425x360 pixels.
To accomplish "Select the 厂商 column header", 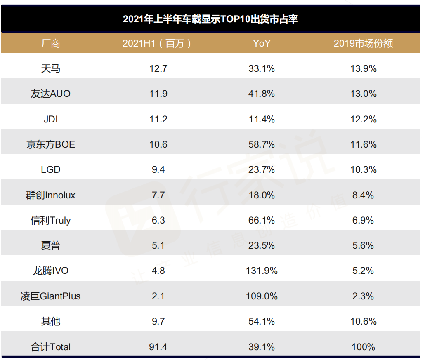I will (x=51, y=43).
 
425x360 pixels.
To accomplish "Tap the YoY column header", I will (x=262, y=43).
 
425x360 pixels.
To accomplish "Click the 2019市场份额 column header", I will (x=363, y=43).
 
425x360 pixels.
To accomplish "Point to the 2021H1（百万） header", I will (x=158, y=43).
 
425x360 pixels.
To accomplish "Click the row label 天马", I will (x=51, y=68).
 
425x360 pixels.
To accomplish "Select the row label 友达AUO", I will (x=51, y=94).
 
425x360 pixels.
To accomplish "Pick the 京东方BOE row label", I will (x=51, y=144).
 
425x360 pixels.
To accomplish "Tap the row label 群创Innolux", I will (x=51, y=195).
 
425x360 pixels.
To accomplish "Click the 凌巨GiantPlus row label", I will (x=51, y=296).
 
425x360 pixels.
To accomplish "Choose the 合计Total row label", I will (x=51, y=347).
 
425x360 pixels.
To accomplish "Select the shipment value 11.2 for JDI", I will (x=158, y=119).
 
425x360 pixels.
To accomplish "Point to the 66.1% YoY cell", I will (x=262, y=220).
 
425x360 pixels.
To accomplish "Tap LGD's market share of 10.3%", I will (x=363, y=169).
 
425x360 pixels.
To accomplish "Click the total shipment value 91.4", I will (x=158, y=347).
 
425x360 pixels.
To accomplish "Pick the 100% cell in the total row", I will (x=363, y=347).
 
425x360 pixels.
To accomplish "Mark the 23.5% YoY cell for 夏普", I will (x=262, y=245).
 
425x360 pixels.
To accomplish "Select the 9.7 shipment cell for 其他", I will (x=158, y=321).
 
